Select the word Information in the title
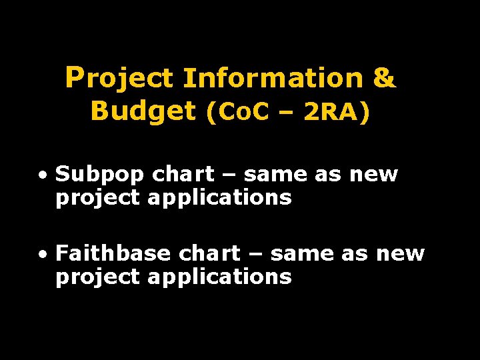tap(273, 79)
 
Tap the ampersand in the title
tap(385, 79)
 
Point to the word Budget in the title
tap(143, 111)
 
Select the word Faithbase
tap(113, 253)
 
